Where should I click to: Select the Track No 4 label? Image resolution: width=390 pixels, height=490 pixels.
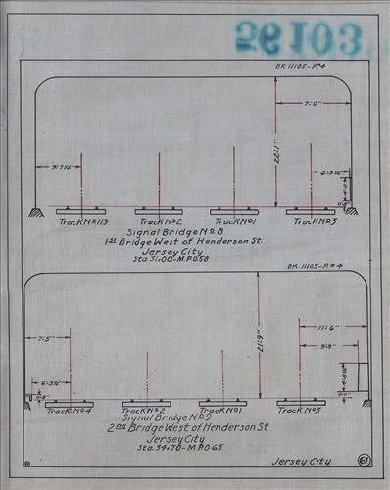[69, 412]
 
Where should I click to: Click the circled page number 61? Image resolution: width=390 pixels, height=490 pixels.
[364, 459]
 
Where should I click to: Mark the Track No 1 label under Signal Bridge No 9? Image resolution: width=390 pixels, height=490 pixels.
[221, 412]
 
